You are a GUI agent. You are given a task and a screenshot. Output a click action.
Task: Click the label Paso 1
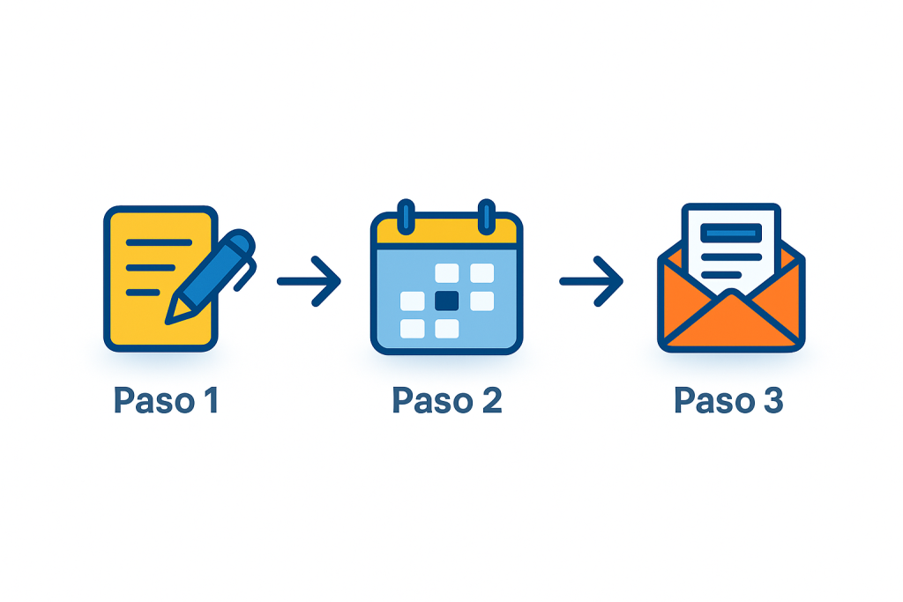click(x=166, y=401)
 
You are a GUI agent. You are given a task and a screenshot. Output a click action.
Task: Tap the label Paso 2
click(x=447, y=401)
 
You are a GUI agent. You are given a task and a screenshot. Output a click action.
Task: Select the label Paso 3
click(x=728, y=401)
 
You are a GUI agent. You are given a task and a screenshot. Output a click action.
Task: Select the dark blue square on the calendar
click(x=447, y=301)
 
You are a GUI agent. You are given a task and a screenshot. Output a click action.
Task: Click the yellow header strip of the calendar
click(x=447, y=233)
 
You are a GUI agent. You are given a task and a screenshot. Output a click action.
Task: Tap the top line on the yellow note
click(x=159, y=242)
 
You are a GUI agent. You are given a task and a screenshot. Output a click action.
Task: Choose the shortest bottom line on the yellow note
click(x=143, y=292)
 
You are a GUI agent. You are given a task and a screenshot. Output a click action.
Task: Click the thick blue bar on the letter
click(x=730, y=233)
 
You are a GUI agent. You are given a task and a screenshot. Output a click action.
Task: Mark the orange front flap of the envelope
click(x=730, y=322)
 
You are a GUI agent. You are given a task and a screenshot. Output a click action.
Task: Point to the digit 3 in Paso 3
click(x=771, y=401)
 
